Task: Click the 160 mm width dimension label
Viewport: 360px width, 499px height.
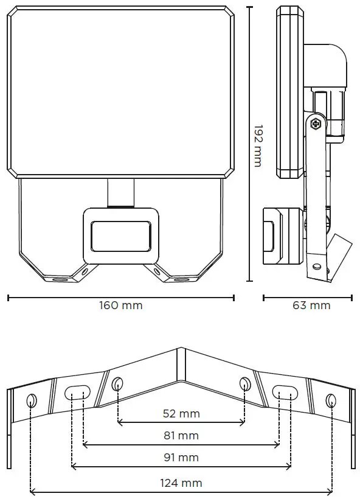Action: pyautogui.click(x=121, y=305)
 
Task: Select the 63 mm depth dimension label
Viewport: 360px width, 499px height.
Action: pyautogui.click(x=311, y=305)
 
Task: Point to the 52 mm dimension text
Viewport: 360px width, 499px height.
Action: pyautogui.click(x=181, y=414)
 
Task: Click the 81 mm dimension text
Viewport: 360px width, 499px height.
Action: pyautogui.click(x=181, y=436)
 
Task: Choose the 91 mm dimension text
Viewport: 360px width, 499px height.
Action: pyautogui.click(x=181, y=458)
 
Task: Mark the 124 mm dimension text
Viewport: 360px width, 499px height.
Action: pyautogui.click(x=181, y=483)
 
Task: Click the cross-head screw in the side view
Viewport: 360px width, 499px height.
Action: pyautogui.click(x=316, y=124)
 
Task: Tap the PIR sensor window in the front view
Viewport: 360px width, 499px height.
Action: pyautogui.click(x=121, y=236)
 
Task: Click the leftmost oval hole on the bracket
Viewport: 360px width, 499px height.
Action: pyautogui.click(x=32, y=400)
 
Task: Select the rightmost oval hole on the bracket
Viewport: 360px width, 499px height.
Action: pyautogui.click(x=331, y=400)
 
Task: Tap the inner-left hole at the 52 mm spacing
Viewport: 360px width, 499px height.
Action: pyautogui.click(x=117, y=385)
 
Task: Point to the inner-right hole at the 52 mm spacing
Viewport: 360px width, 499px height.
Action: pyautogui.click(x=244, y=385)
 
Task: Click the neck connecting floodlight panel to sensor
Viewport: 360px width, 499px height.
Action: pyautogui.click(x=121, y=194)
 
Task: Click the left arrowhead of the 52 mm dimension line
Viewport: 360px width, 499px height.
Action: pyautogui.click(x=120, y=422)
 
